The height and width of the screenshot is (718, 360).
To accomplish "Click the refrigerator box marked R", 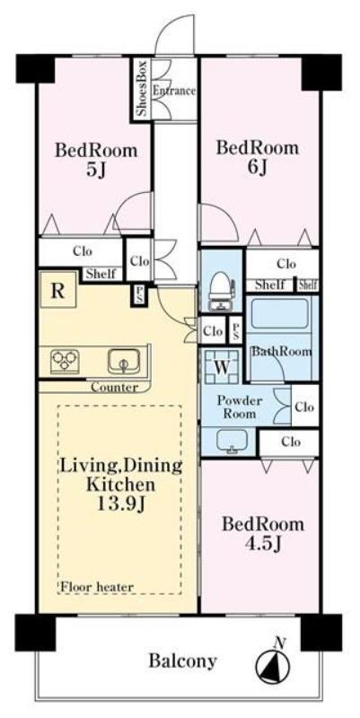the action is point(58,290).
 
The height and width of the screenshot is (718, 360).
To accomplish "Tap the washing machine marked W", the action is point(222,366).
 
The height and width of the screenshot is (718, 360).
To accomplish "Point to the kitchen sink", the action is point(124,362).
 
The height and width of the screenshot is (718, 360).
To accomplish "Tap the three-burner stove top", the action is point(65,361).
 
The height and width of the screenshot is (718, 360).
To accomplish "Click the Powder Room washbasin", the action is point(233,442).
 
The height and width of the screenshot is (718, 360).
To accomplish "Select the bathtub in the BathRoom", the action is point(279,314).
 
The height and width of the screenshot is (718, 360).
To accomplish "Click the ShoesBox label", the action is point(142,88).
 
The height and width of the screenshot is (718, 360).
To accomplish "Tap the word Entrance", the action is point(174,91).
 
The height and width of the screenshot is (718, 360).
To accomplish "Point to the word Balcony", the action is point(182,661).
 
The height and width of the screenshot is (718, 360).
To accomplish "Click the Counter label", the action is point(114,388).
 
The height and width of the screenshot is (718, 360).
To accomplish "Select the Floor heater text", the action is point(97,586).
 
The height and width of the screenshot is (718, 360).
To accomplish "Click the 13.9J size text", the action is point(121,506).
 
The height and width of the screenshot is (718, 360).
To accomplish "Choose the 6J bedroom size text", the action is point(257,168).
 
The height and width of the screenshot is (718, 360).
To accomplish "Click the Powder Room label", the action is point(240,407).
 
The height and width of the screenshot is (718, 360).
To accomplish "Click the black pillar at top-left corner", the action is point(35,69).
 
